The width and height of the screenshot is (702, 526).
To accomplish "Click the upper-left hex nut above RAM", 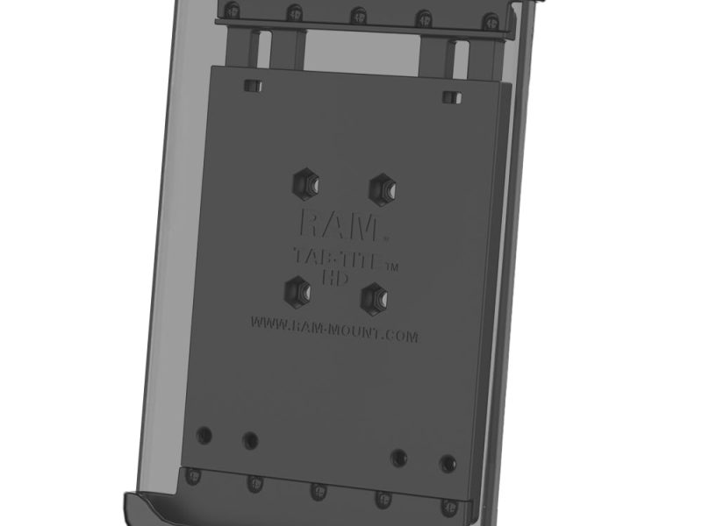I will pyautogui.click(x=306, y=183).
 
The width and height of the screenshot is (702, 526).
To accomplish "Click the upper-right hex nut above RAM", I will pyautogui.click(x=380, y=186).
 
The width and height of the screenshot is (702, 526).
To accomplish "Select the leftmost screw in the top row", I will pyautogui.click(x=232, y=10).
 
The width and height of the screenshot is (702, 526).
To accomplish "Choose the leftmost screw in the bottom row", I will pyautogui.click(x=195, y=476).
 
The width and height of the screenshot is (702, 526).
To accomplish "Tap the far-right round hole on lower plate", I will pyautogui.click(x=448, y=462).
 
